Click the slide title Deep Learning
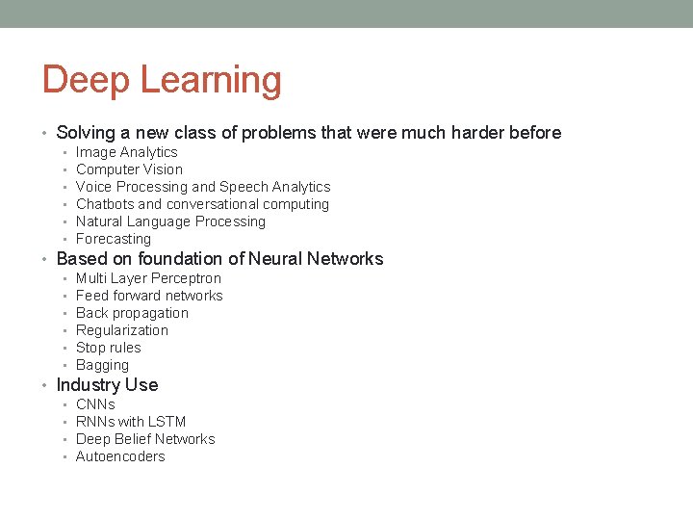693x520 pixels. pyautogui.click(x=162, y=80)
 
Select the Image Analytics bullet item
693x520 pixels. pyautogui.click(x=126, y=152)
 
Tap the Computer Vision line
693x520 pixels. pyautogui.click(x=129, y=169)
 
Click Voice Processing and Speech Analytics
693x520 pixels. pyautogui.click(x=202, y=187)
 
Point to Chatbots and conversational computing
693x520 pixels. pyautogui.click(x=202, y=204)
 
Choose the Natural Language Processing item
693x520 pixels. pyautogui.click(x=170, y=221)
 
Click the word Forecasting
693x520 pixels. pyautogui.click(x=114, y=239)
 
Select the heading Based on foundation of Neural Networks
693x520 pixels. pyautogui.click(x=219, y=258)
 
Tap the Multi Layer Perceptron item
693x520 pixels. pyautogui.click(x=148, y=278)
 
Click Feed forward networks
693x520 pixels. pyautogui.click(x=149, y=296)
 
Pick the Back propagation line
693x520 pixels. pyautogui.click(x=132, y=313)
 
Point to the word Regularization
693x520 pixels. pyautogui.click(x=122, y=330)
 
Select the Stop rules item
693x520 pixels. pyautogui.click(x=108, y=348)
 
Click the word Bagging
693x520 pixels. pyautogui.click(x=102, y=365)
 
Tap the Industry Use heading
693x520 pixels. pyautogui.click(x=107, y=385)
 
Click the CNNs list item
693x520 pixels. pyautogui.click(x=95, y=404)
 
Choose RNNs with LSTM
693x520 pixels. pyautogui.click(x=131, y=422)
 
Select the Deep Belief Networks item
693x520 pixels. pyautogui.click(x=145, y=439)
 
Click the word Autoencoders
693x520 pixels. pyautogui.click(x=120, y=456)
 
